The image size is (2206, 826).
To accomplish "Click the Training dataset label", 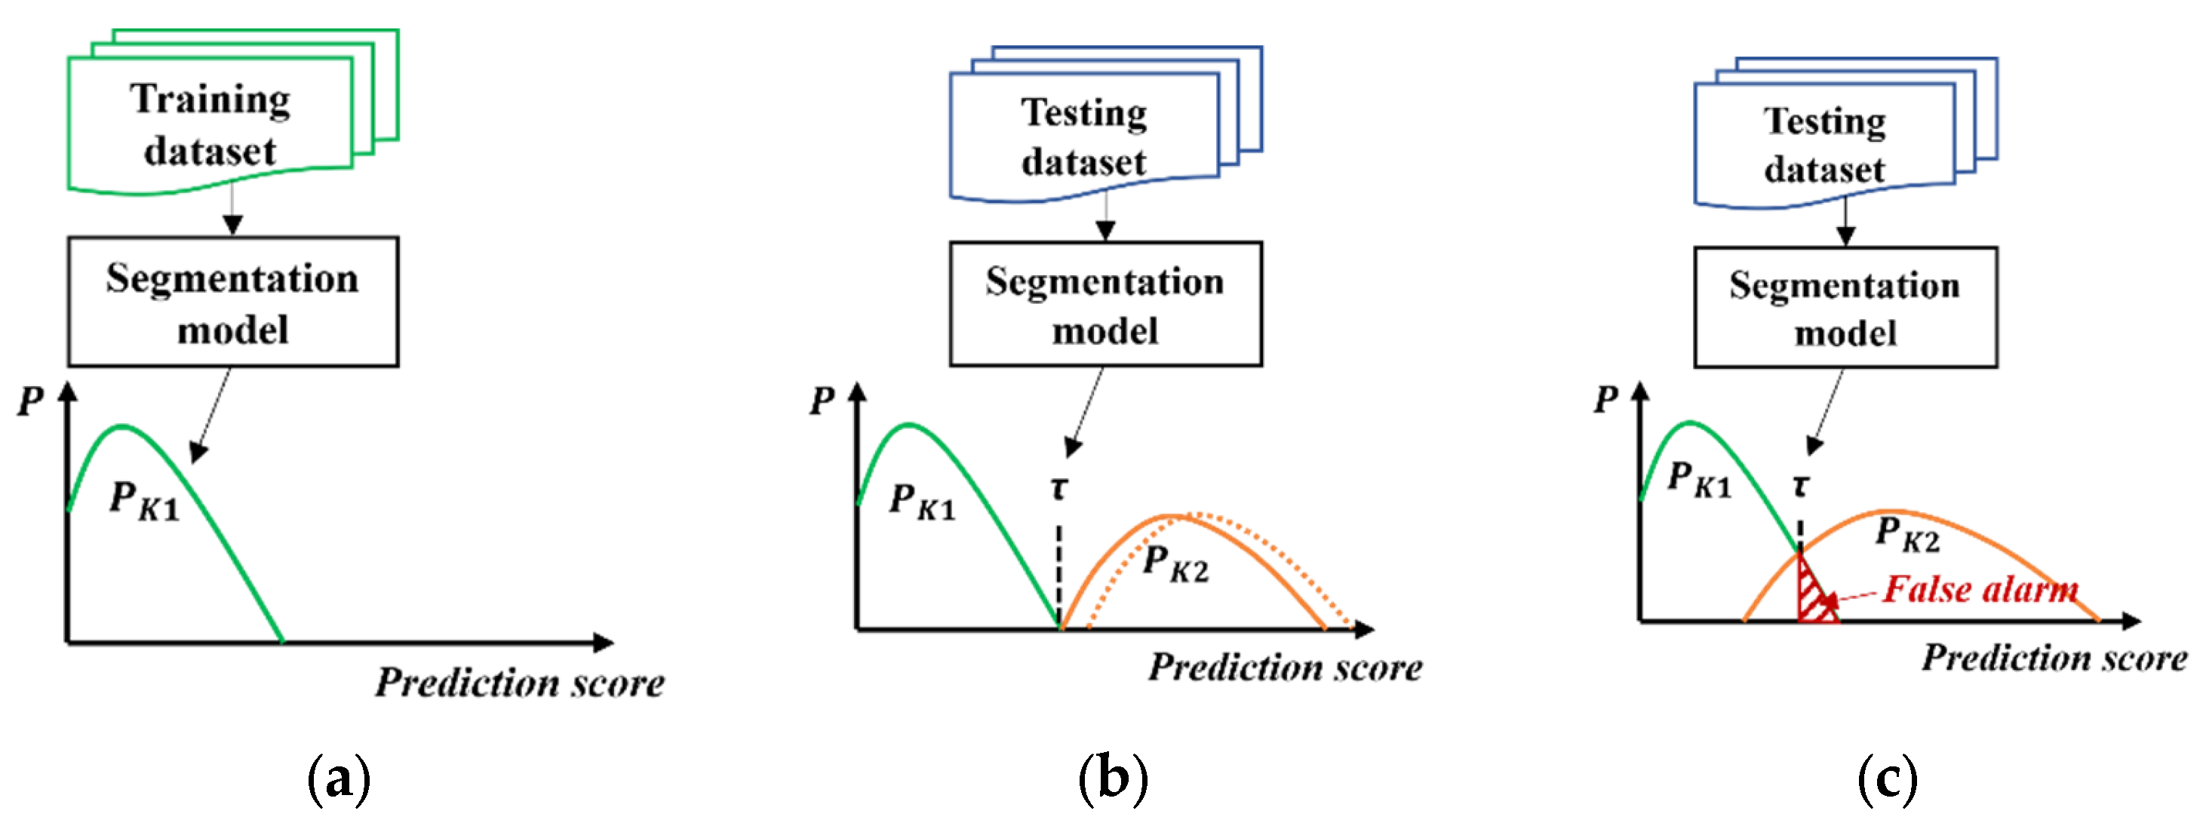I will [210, 125].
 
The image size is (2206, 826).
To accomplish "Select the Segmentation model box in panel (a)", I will [233, 302].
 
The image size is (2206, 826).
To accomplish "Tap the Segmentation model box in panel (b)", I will [1105, 305].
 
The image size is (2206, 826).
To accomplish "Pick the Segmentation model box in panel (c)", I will [1845, 308].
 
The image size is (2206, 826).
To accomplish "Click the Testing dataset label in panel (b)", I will [1084, 137].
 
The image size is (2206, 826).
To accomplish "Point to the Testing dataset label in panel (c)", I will [1825, 145].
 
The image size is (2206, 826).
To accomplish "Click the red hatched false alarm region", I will [1811, 595].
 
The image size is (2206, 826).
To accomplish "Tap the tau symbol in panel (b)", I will [1059, 488].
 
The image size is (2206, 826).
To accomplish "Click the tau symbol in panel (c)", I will [1800, 485].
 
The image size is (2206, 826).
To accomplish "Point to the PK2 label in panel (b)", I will [1175, 565].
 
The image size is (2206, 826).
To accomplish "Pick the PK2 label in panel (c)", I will [1907, 534].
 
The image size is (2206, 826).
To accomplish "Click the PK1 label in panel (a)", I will [144, 501].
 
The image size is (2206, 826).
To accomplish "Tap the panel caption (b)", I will [1112, 779].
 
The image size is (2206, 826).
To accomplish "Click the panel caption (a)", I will [338, 779].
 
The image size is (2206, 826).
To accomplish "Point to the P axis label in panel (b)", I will [822, 401].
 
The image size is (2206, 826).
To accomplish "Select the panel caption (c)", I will [1888, 779].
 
